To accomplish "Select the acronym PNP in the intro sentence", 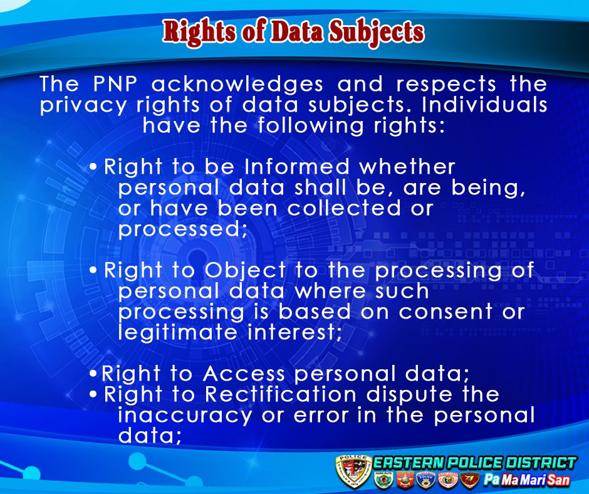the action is click(115, 83).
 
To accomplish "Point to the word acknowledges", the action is click(237, 84).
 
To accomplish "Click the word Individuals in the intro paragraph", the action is click(484, 105).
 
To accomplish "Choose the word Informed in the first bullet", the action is click(297, 167).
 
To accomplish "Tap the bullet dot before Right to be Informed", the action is click(93, 167).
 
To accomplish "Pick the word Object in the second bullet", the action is click(245, 271).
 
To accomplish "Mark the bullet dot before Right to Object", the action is click(93, 270).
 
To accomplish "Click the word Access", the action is click(244, 374).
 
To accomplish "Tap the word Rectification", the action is click(280, 394).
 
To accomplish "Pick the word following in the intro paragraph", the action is click(311, 126).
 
